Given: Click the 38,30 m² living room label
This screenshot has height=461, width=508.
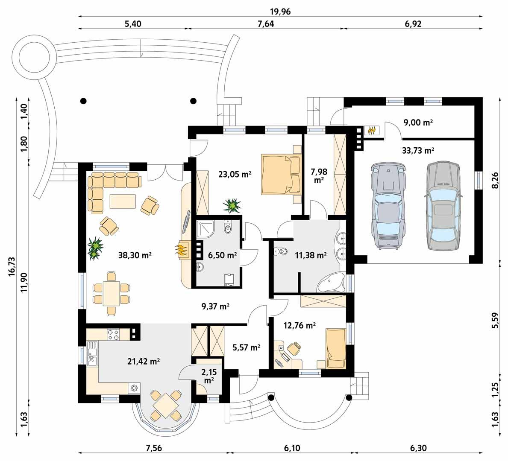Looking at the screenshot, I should pyautogui.click(x=135, y=255).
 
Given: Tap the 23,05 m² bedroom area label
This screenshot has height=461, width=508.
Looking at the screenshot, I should pyautogui.click(x=234, y=174).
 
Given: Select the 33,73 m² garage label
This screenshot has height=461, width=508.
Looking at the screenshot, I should pyautogui.click(x=418, y=150).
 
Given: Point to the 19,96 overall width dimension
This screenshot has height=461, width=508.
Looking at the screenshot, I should pyautogui.click(x=280, y=11).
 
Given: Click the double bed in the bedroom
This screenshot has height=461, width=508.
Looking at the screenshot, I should pyautogui.click(x=281, y=174).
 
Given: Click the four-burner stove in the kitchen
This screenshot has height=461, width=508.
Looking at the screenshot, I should pyautogui.click(x=113, y=334).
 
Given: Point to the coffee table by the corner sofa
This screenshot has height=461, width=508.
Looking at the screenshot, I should pyautogui.click(x=123, y=201).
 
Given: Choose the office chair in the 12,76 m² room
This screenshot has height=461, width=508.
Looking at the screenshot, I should pyautogui.click(x=294, y=349).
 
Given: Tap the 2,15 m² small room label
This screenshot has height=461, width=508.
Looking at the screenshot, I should pyautogui.click(x=209, y=376).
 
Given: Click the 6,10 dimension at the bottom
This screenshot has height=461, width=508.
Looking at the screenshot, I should pyautogui.click(x=291, y=448).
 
